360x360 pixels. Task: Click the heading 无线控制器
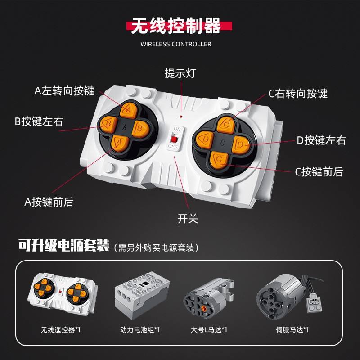click(x=176, y=27)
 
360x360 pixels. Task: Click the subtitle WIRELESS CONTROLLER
click(x=176, y=44)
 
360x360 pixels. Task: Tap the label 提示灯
click(x=180, y=73)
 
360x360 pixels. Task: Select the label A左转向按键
click(x=64, y=90)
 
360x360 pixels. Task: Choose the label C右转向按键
click(x=298, y=94)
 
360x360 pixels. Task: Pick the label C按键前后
click(x=319, y=171)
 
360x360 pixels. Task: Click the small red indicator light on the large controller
click(x=180, y=116)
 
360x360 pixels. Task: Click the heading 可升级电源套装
click(x=64, y=246)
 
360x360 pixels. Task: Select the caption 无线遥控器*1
click(x=60, y=329)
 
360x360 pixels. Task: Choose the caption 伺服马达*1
click(x=292, y=329)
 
